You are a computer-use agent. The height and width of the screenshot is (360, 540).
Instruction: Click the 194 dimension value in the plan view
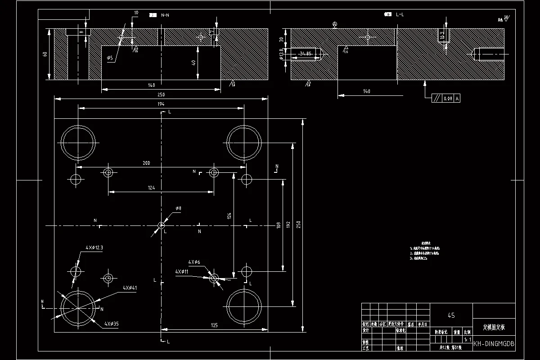point(161,104)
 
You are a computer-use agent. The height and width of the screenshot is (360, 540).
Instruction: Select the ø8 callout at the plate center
point(178,208)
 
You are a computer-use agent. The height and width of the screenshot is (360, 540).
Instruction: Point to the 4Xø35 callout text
point(111,324)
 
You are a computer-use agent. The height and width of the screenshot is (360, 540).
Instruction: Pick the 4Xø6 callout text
point(194,262)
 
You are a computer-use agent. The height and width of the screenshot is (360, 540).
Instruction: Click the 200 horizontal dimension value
point(146,163)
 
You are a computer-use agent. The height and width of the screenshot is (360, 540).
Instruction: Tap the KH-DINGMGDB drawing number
point(494,344)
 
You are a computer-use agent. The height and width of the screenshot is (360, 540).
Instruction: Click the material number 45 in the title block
point(451,315)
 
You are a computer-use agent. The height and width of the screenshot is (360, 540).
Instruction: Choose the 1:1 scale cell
point(468,340)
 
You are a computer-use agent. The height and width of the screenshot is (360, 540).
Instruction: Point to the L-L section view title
point(400,15)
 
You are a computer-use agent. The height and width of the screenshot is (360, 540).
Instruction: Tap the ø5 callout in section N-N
point(110,58)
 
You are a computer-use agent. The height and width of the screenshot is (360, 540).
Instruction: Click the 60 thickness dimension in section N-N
point(45,54)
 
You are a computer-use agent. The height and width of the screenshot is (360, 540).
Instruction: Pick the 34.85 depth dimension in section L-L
point(306,54)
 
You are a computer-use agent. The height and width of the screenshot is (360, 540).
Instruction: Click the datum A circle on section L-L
point(334,23)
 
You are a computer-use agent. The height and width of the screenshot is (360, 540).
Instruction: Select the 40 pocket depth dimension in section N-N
point(194,62)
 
